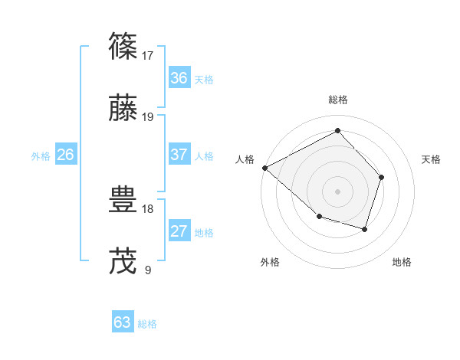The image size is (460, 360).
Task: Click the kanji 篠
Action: point(124,47)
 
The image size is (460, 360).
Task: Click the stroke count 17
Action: point(148,55)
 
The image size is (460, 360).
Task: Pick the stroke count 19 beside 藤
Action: point(148,116)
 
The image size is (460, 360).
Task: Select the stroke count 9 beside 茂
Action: point(148,270)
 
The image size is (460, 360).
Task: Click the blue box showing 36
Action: point(179,78)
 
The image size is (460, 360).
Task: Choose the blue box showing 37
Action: point(179,155)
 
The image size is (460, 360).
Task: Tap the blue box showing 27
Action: point(179,231)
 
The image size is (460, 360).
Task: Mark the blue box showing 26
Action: point(65,155)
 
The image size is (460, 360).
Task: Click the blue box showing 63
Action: point(123,322)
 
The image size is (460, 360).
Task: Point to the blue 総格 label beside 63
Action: point(148,324)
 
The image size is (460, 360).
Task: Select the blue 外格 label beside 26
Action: point(41,156)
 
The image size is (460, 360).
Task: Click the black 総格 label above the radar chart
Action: point(338,100)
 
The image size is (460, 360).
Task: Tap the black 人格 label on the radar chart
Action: point(245,159)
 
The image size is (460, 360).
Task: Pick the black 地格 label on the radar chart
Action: point(402,262)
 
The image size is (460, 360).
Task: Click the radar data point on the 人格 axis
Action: point(264,168)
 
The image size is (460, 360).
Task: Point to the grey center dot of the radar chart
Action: point(338,191)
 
